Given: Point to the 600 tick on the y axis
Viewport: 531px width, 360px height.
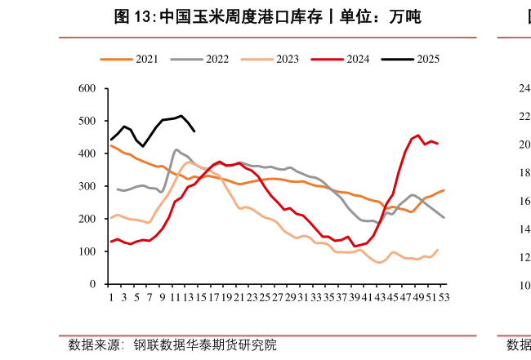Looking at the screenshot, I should tap(88, 88).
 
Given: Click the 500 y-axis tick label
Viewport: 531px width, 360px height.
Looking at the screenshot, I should tap(88, 121).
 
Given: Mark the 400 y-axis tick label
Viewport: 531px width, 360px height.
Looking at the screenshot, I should tap(88, 153).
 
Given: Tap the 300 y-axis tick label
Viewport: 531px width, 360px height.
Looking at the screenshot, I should tap(88, 186).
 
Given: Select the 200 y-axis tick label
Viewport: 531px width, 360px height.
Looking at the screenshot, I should tap(88, 219).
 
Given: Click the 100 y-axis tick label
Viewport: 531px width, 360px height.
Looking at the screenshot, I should tap(88, 251).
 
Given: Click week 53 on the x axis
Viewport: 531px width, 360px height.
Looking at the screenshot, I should tap(444, 297).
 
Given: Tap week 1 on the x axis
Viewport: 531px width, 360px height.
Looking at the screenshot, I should tap(111, 297).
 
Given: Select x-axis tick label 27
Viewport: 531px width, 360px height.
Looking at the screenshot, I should tap(278, 297).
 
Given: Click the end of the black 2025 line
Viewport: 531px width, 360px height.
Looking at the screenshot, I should tap(194, 131).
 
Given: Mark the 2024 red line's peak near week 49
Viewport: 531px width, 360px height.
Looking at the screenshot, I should tap(418, 136).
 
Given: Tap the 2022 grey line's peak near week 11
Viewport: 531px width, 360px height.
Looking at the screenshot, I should tap(176, 149).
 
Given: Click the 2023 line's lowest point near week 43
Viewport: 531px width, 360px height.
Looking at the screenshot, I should tap(380, 263).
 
